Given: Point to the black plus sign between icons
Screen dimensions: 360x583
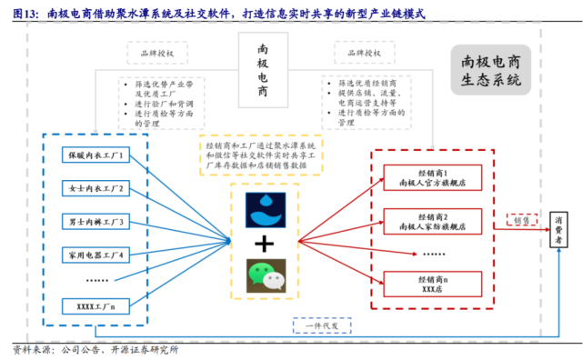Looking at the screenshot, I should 266,244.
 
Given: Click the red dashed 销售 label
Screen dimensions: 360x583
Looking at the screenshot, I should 518,220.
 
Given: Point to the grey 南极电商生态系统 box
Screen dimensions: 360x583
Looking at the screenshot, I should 491,71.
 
